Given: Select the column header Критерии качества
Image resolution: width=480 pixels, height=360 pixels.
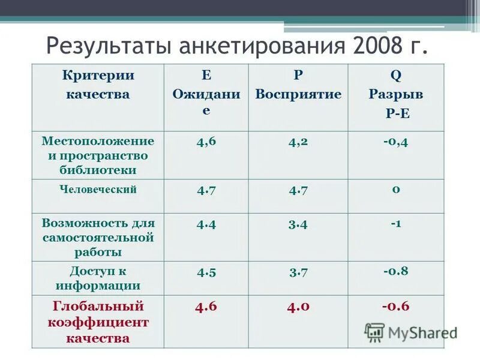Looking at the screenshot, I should (97, 85).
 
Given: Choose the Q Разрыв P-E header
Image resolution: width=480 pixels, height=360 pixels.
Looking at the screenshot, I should (395, 95).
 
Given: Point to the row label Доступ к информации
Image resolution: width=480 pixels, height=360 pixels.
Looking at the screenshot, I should (97, 278).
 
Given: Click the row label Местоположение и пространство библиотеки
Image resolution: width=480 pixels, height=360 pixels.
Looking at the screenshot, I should (98, 155).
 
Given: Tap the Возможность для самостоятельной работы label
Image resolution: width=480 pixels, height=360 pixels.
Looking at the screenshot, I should (98, 237).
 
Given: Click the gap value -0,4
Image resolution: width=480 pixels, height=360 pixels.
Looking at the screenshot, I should (395, 142).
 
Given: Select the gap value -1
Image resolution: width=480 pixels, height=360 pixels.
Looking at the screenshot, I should (395, 224).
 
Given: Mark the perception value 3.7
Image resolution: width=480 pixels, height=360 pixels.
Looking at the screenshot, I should (298, 272).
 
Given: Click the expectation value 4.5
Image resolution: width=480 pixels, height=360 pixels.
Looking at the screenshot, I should (206, 272).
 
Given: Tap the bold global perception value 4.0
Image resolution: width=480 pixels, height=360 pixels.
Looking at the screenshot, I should (298, 307).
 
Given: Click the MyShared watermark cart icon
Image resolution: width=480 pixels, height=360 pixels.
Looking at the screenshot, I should (374, 332).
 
